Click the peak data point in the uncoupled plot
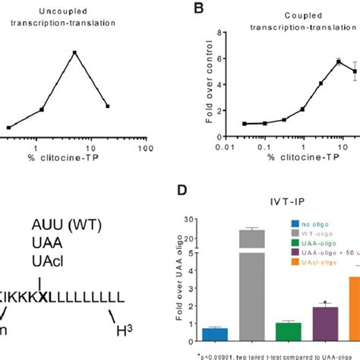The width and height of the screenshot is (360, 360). (74, 52)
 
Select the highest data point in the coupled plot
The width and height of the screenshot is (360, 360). (338, 63)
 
